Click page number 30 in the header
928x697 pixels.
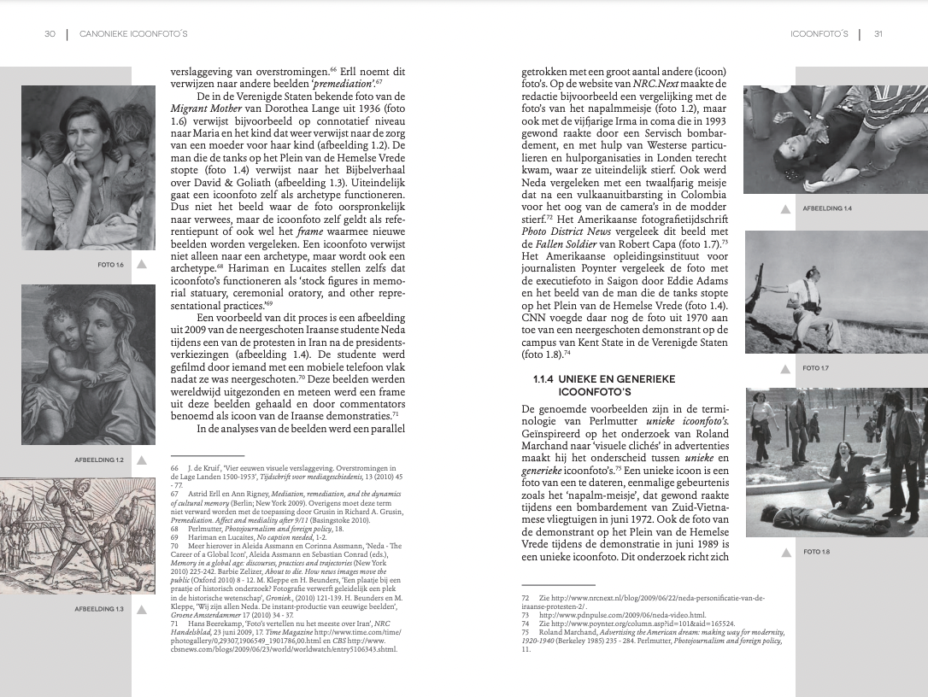click(50, 34)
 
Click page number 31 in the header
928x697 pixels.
click(878, 34)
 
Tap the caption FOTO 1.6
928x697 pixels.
click(111, 265)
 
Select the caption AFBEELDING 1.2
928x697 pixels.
click(99, 460)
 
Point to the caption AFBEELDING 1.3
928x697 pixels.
click(99, 609)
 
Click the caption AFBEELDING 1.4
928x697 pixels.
click(827, 208)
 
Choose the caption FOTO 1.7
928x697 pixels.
click(816, 368)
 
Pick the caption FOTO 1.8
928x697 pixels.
click(816, 552)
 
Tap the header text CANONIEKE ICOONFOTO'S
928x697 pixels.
click(132, 34)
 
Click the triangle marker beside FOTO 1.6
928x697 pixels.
click(142, 265)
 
